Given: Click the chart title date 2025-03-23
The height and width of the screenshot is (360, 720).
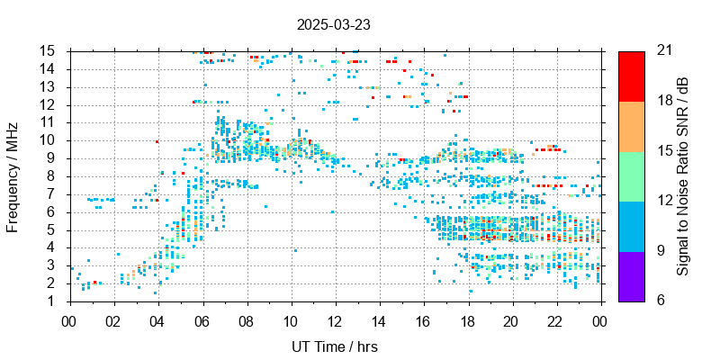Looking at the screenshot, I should [x=333, y=25].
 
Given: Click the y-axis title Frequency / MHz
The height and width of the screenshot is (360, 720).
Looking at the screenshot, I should [x=13, y=176].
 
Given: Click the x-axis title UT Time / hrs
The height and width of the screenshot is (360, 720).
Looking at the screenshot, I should [x=333, y=346].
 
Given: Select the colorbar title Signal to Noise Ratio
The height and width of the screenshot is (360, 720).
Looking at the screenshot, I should [x=683, y=175].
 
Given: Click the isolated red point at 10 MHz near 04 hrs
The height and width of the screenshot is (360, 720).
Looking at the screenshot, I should [x=157, y=141].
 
